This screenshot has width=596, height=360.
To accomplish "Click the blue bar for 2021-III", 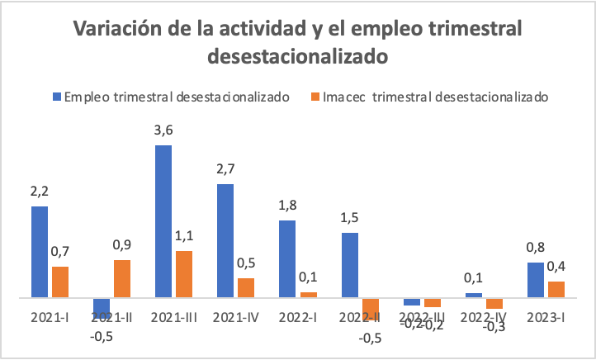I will (163, 221).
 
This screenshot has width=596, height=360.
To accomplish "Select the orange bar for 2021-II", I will (121, 278).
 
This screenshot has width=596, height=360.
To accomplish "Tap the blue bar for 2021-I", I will (40, 251).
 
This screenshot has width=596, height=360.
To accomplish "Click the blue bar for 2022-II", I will (349, 264).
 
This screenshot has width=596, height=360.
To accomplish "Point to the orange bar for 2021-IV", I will (246, 287).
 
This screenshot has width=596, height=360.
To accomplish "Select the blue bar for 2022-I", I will (287, 258).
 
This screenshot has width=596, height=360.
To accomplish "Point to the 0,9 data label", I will (122, 245).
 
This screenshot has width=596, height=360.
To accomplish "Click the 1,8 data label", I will (287, 206).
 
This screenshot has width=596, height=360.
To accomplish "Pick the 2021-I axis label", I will (50, 317).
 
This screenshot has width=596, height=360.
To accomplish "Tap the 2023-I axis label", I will (546, 317).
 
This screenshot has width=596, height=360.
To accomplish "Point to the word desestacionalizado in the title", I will (298, 57).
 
